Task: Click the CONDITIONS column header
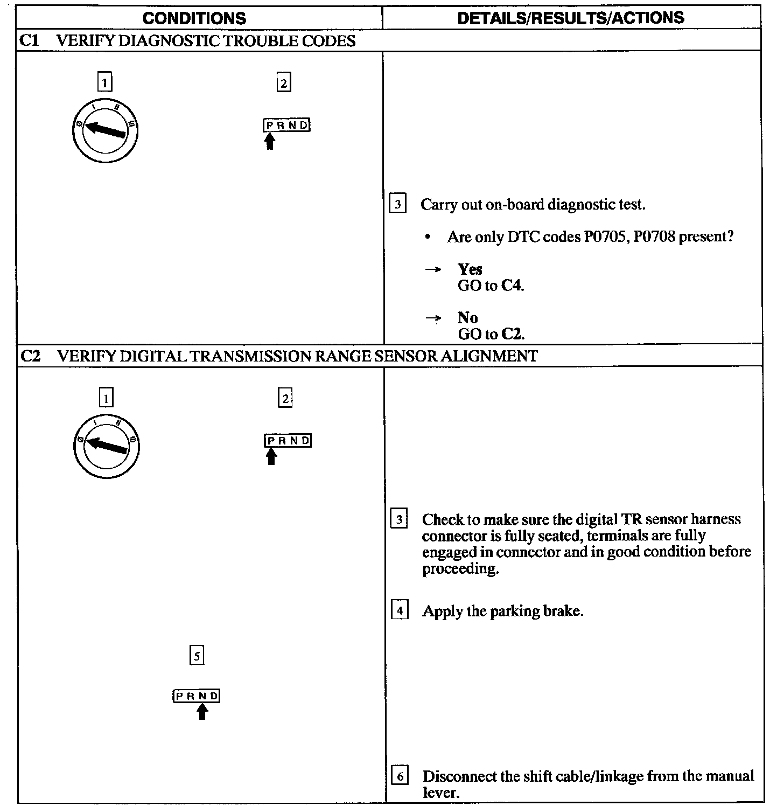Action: coord(194,18)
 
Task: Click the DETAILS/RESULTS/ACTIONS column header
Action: coord(570,18)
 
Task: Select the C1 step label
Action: coord(30,41)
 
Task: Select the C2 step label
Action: coord(30,356)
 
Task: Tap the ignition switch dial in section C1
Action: coord(105,130)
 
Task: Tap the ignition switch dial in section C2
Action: coord(106,445)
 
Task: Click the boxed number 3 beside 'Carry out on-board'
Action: coord(397,204)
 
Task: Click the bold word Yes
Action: coord(470,269)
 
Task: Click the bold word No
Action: coord(468,317)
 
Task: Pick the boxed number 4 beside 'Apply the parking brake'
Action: coord(399,611)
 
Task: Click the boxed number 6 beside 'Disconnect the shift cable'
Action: coord(399,776)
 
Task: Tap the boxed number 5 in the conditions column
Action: coord(197,656)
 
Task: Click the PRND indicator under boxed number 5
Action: coord(197,696)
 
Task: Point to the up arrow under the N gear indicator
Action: coord(202,712)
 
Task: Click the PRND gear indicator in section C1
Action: coord(287,126)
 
